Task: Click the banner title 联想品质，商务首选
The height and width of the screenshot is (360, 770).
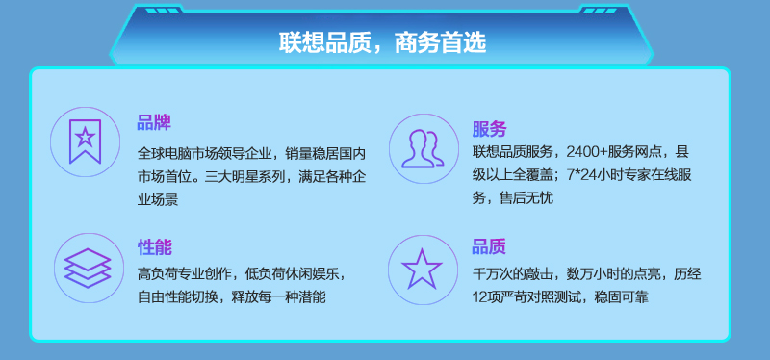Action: tap(382, 42)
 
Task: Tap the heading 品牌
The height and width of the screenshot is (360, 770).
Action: tap(154, 123)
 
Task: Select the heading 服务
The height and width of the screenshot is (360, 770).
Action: tap(489, 129)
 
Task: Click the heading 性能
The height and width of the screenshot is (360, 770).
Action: tap(155, 247)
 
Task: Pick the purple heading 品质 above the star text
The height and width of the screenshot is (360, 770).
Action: tap(489, 246)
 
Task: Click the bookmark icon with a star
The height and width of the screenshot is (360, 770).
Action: tap(85, 141)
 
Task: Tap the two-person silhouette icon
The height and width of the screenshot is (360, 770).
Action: tap(423, 149)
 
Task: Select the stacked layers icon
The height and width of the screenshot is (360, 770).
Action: tap(88, 269)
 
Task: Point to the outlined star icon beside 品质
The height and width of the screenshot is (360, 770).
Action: tap(422, 269)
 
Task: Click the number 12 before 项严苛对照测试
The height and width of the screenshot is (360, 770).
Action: tap(478, 297)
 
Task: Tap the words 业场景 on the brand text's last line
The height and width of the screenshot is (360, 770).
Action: tap(158, 200)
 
